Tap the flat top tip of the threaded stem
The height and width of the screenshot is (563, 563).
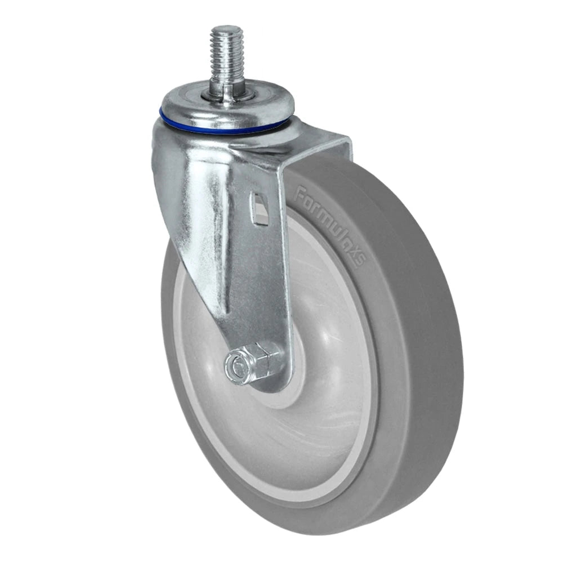click(227, 28)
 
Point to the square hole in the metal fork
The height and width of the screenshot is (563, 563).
click(260, 209)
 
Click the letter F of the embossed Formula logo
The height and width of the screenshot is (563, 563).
click(301, 195)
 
